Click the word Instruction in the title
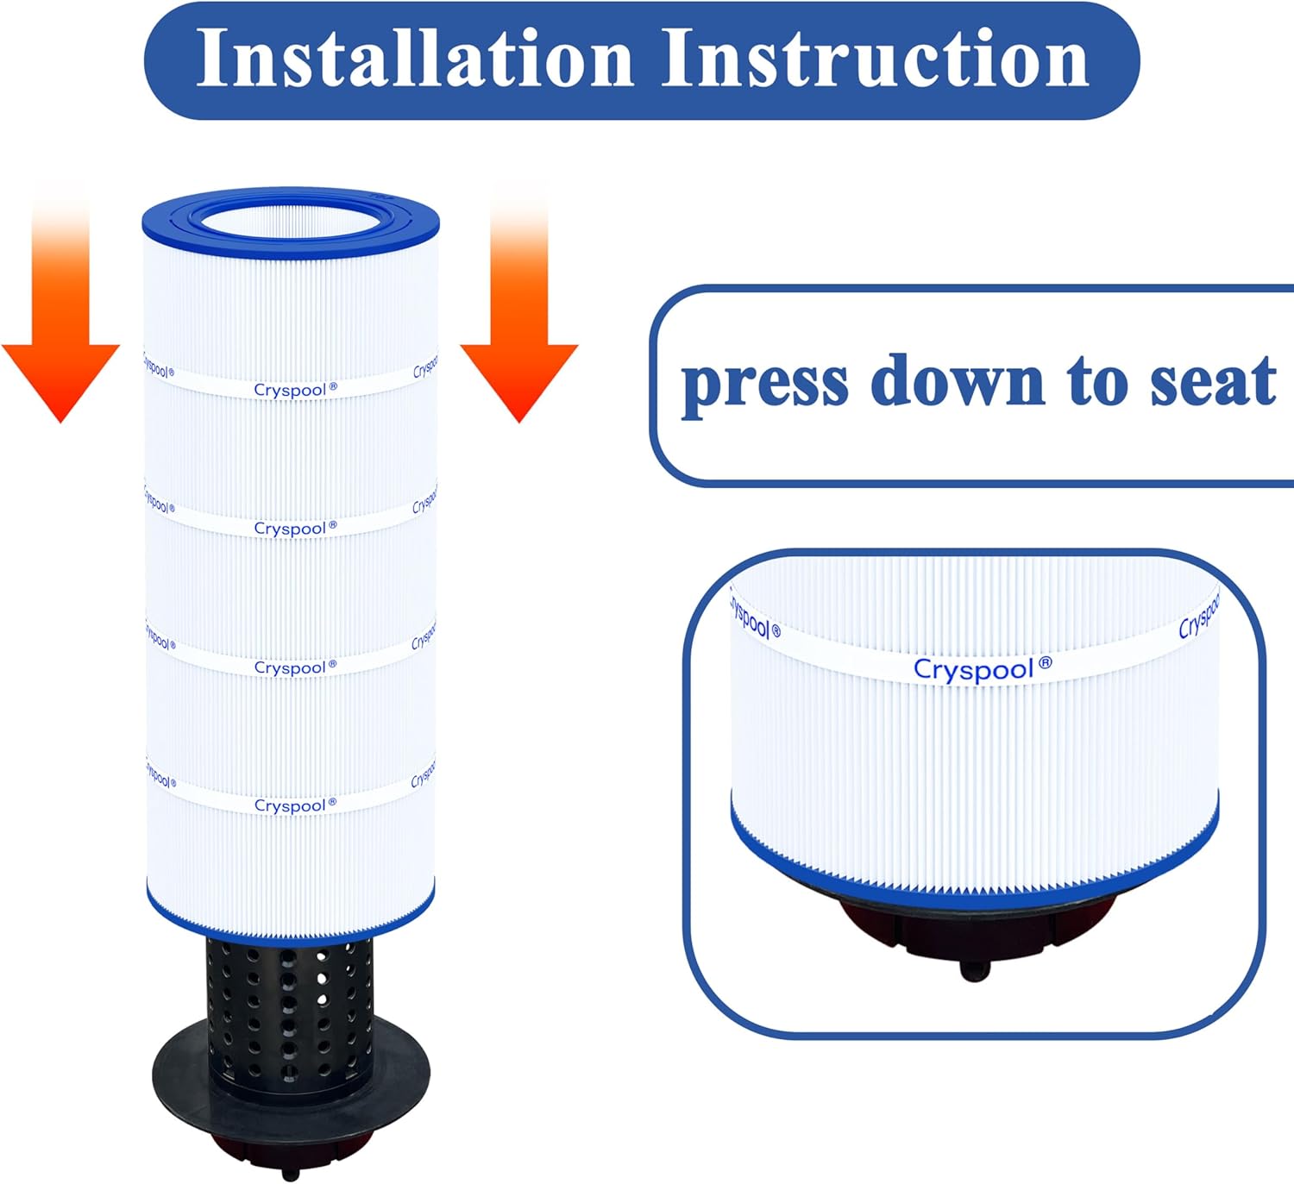[875, 59]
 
